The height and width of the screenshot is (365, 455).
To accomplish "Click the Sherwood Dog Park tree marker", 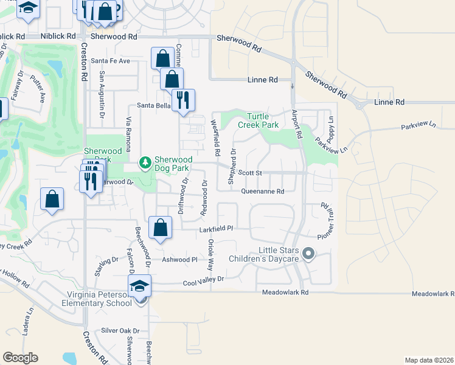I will pos(145,162).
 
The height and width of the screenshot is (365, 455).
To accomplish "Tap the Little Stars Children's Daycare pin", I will pos(308,254).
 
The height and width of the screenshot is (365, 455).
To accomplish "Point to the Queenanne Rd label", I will pos(263,192).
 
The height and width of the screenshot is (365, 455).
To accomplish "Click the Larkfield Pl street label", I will pos(217,230).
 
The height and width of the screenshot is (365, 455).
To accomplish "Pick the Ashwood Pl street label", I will pos(179,259).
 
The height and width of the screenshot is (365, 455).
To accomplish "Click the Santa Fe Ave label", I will pos(110,61).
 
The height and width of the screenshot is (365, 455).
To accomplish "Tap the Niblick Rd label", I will pos(58,36).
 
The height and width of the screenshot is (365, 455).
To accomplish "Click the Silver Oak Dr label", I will pos(120,331).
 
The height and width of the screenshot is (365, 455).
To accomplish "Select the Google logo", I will pos(20,357).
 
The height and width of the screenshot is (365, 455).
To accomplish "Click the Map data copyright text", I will pos(428,360).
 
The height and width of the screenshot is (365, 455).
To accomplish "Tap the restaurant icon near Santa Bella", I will pos(183,100).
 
